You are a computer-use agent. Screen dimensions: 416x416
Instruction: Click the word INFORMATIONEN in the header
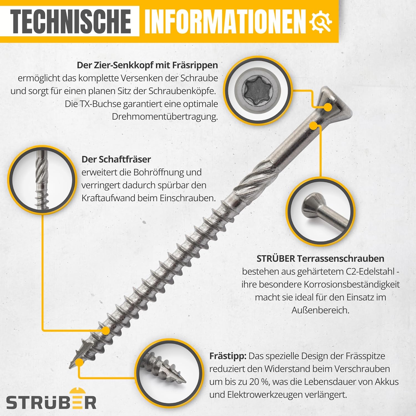click(x=225, y=21)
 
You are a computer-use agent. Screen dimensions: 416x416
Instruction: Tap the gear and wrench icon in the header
click(x=321, y=22)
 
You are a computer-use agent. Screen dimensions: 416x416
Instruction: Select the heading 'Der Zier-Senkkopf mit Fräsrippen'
click(x=147, y=65)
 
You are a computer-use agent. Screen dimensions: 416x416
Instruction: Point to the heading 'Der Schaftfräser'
click(x=116, y=159)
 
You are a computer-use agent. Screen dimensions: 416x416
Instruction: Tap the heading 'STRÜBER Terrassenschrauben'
click(x=320, y=258)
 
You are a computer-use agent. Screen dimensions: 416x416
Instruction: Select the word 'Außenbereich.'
click(x=320, y=310)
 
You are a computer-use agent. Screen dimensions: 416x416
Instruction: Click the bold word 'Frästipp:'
click(x=228, y=356)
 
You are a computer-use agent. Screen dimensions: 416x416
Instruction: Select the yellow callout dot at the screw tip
click(x=80, y=362)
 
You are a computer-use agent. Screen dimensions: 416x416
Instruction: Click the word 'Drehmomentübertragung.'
click(x=165, y=117)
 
